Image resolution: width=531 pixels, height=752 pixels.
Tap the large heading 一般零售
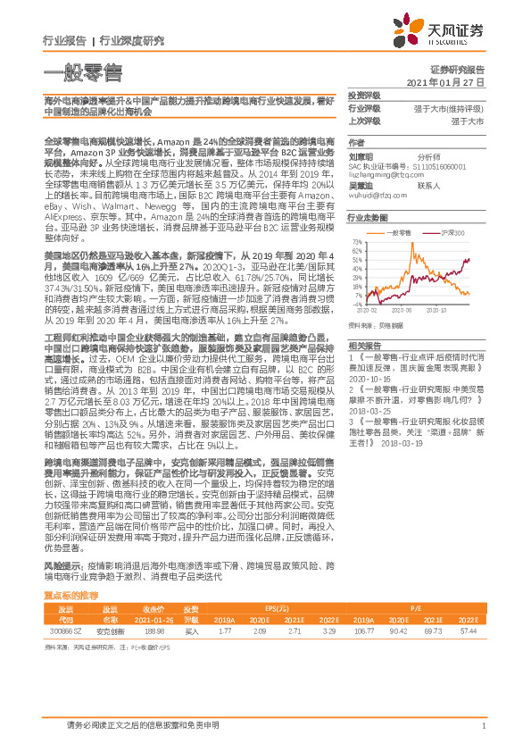[x=83, y=73]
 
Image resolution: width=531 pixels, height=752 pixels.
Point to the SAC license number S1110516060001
[x=403, y=167]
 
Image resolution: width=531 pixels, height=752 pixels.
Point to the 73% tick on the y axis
[x=356, y=241]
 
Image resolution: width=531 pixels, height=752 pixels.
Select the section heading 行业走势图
[x=368, y=217]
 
